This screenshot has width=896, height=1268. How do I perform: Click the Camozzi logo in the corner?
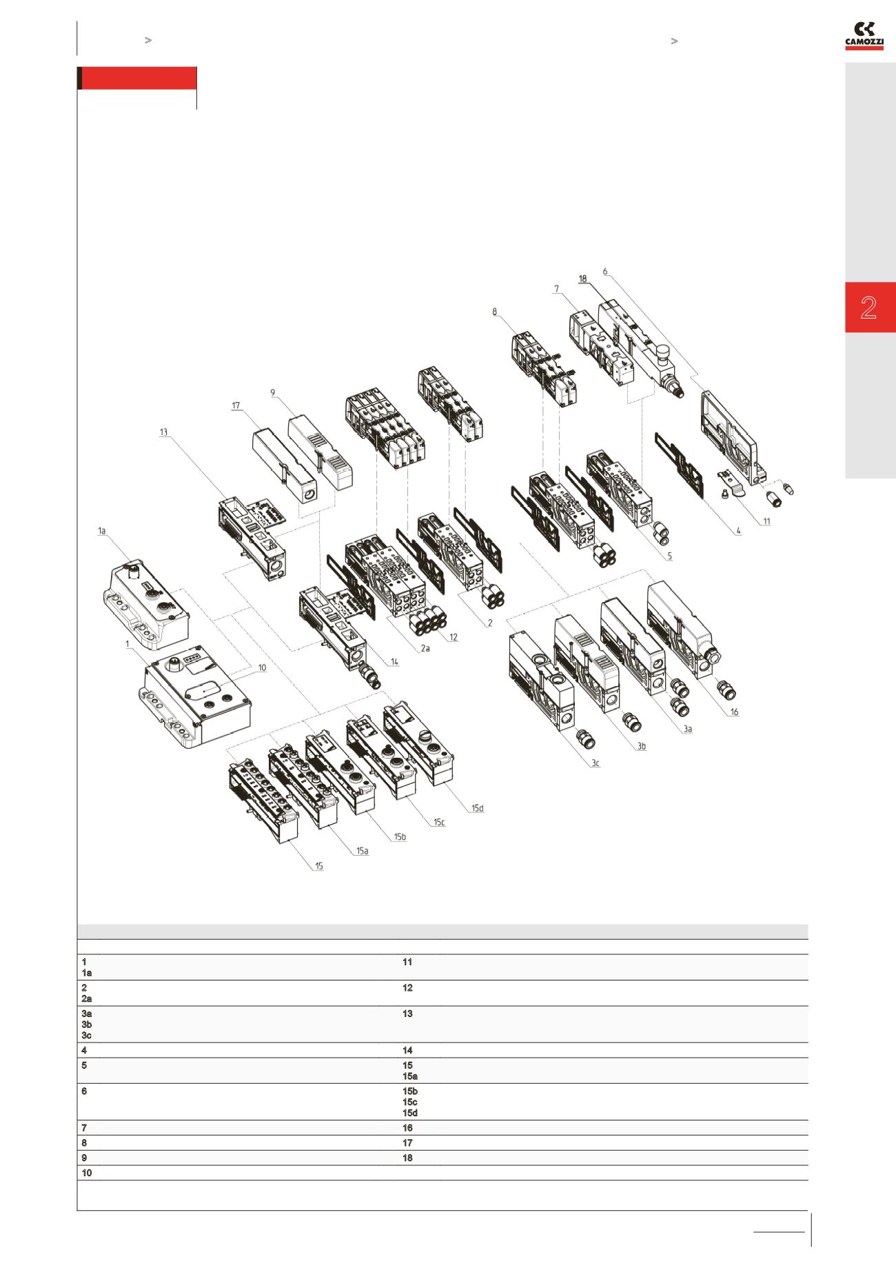click(x=864, y=35)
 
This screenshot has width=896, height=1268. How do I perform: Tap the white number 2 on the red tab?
click(x=868, y=308)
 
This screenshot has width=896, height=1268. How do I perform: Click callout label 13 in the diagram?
click(x=163, y=432)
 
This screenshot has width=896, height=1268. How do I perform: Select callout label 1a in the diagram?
click(x=102, y=530)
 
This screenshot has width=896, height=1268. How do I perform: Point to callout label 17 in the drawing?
click(x=236, y=405)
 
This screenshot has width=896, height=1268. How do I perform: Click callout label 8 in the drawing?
click(x=494, y=312)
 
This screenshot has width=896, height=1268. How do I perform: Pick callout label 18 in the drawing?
click(x=582, y=279)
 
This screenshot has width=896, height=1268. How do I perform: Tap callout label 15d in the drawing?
click(x=477, y=808)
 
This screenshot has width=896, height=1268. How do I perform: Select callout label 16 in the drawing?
click(x=734, y=712)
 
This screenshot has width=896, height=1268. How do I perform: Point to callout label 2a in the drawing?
click(x=425, y=648)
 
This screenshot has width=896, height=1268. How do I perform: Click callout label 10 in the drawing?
click(x=261, y=667)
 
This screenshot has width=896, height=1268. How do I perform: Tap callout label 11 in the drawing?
click(x=766, y=521)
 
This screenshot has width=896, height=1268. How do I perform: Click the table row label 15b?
click(x=409, y=1091)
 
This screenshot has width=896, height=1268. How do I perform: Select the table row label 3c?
click(x=86, y=1035)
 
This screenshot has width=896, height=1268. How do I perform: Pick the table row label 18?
click(x=407, y=1158)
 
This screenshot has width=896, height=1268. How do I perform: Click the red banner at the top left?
click(x=139, y=79)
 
